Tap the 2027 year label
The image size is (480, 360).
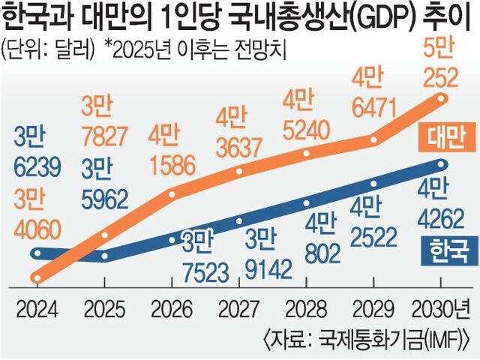point(239,308)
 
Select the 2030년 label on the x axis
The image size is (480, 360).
point(445,308)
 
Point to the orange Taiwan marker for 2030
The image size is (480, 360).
point(442,99)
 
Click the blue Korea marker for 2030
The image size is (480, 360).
point(442,164)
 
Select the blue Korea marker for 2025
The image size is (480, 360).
point(104,256)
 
